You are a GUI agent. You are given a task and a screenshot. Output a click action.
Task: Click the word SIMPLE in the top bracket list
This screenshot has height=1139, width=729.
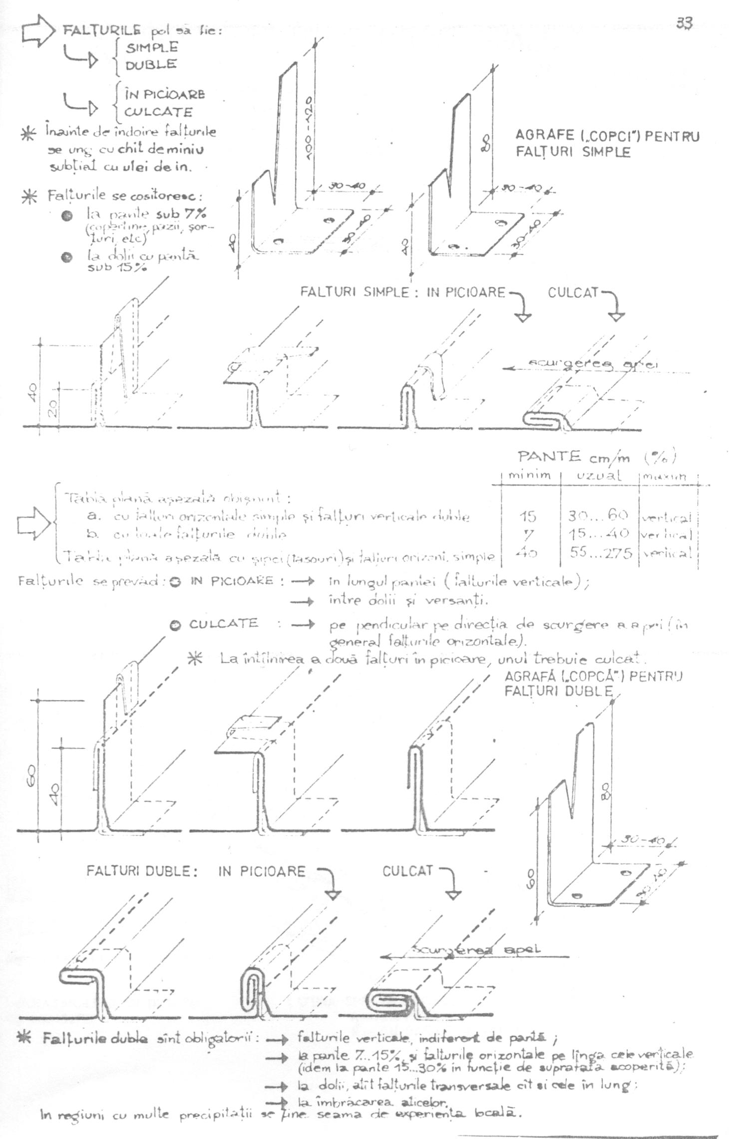(x=151, y=47)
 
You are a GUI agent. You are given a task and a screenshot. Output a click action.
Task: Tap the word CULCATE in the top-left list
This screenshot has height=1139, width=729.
(x=159, y=112)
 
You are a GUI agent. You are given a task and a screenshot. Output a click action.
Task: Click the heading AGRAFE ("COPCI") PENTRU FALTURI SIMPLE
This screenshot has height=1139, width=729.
(x=607, y=144)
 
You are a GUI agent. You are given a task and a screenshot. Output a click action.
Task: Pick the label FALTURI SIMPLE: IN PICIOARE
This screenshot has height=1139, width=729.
(x=403, y=292)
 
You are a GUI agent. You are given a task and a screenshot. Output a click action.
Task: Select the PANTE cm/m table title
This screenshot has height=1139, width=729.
(x=596, y=457)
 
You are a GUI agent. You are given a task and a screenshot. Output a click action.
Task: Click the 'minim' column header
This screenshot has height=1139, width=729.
(x=530, y=476)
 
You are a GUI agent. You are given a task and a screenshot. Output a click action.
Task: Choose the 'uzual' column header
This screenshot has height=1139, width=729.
(x=599, y=476)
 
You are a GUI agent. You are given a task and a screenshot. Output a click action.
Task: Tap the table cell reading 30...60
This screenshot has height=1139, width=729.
(x=598, y=515)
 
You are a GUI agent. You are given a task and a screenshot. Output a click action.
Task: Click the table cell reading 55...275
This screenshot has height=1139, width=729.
(x=601, y=553)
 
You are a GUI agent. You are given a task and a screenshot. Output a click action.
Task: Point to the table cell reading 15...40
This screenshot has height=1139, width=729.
(x=599, y=534)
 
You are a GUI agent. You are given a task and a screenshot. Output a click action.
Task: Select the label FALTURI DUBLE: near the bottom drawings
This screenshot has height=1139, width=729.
(x=142, y=871)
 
